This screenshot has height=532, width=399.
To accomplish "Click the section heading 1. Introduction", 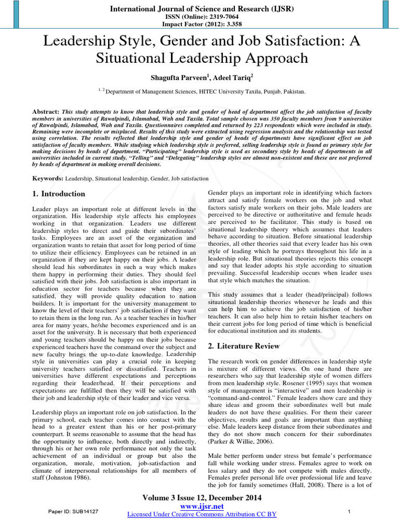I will click(59, 194).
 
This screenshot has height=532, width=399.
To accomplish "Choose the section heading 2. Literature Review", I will click(244, 346).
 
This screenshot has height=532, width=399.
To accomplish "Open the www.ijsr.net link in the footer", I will click(202, 506).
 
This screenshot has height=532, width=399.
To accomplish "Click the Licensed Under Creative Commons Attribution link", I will click(202, 514).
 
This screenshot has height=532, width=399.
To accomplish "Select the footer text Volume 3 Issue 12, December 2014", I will click(202, 498).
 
